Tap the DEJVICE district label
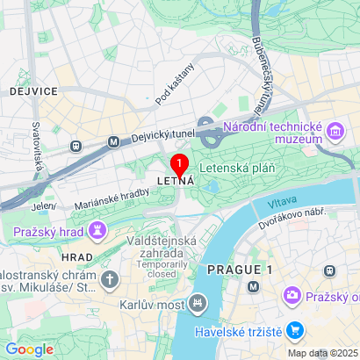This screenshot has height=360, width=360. click(x=33, y=90)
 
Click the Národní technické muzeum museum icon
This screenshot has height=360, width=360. click(x=335, y=133)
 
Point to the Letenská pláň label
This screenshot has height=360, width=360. click(x=237, y=166)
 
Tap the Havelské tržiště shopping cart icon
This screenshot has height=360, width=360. click(x=295, y=331)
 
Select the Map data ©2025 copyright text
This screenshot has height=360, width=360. click(x=322, y=353)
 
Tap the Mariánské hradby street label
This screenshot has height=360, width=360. click(x=112, y=195)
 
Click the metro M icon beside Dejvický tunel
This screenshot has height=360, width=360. click(x=112, y=140)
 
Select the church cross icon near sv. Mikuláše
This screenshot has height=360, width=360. click(x=108, y=279)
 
